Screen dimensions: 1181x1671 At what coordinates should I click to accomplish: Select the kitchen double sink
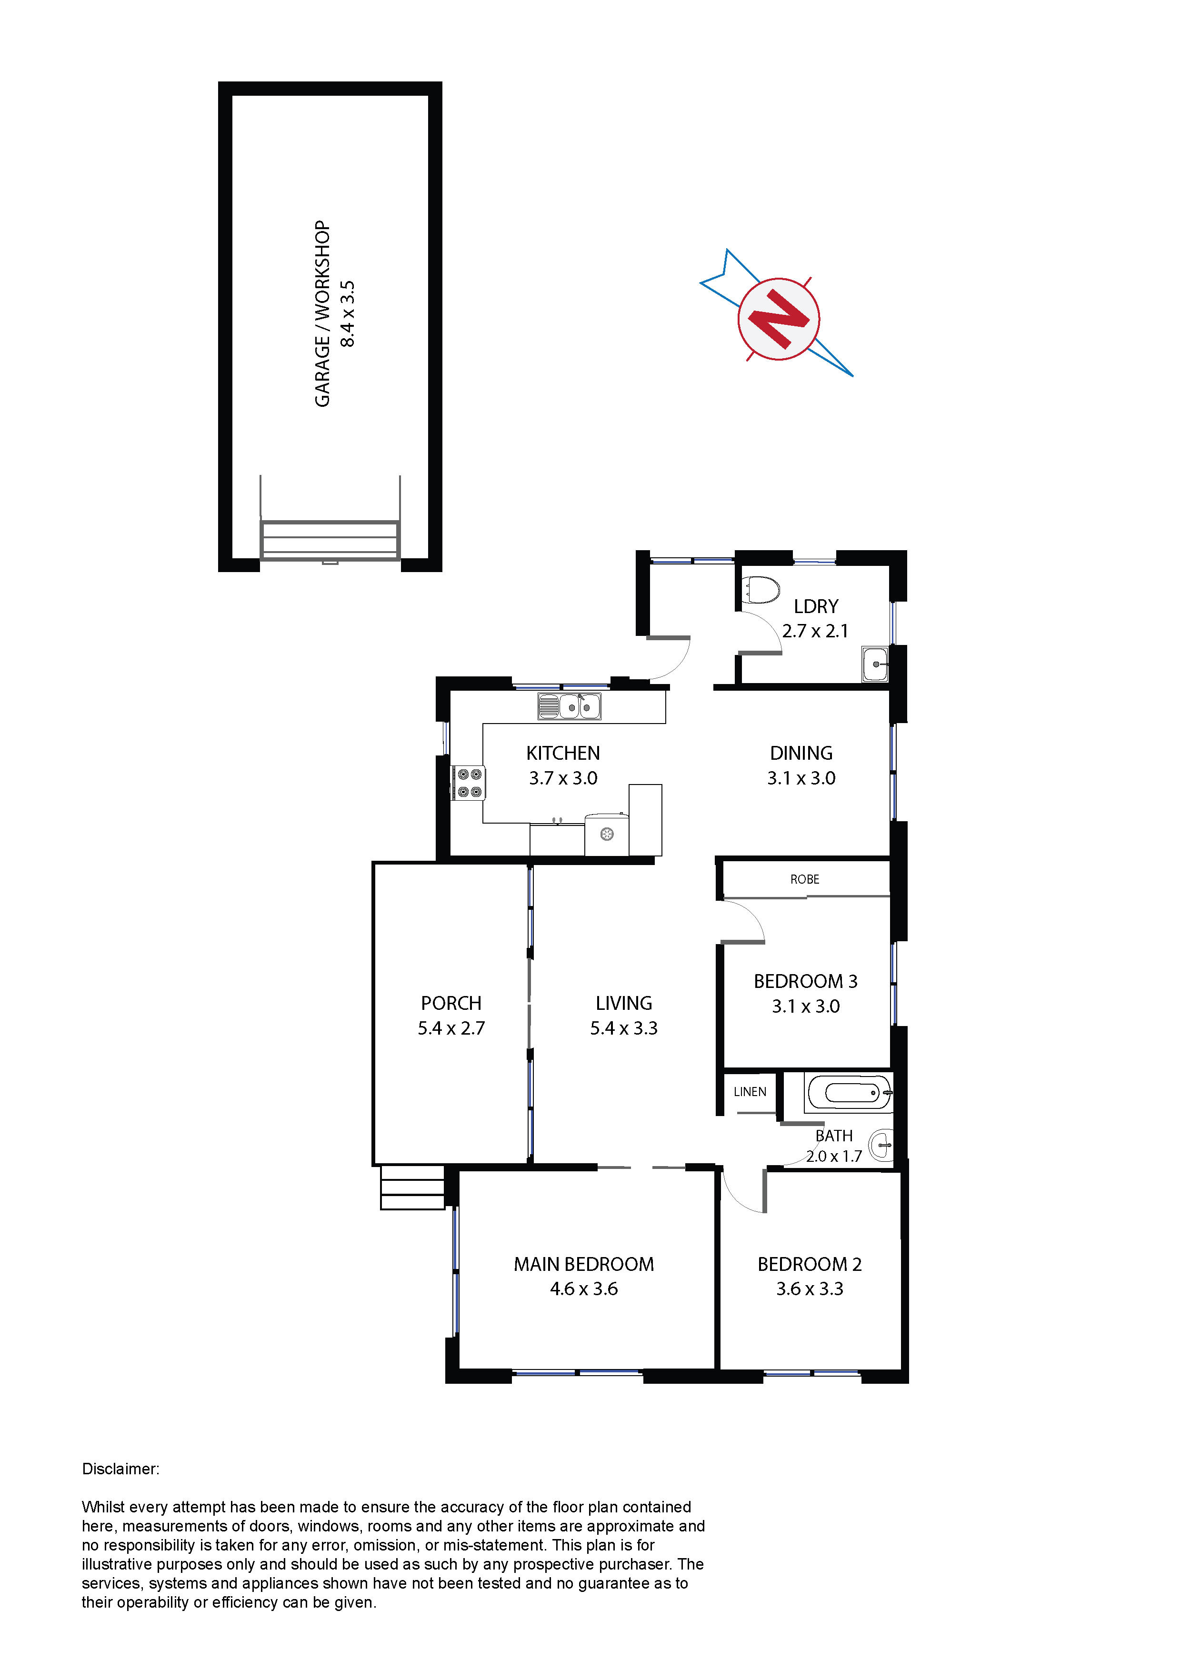point(569,706)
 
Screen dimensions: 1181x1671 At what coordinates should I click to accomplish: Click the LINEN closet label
point(750,1092)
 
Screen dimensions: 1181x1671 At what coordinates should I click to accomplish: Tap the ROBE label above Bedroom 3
point(805,879)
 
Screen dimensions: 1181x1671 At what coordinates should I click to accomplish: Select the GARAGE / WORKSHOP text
point(322,314)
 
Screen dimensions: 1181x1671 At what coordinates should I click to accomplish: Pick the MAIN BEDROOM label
point(583,1264)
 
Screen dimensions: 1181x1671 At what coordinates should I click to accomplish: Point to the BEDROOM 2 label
point(809,1264)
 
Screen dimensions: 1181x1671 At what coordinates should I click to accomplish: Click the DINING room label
point(801,753)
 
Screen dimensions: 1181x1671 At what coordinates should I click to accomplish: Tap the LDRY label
point(816,606)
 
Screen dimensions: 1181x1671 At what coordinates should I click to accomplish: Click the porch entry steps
point(412,1187)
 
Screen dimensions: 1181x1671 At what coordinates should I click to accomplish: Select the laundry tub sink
point(875,664)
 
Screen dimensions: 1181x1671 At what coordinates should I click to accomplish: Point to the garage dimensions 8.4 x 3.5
point(348,314)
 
